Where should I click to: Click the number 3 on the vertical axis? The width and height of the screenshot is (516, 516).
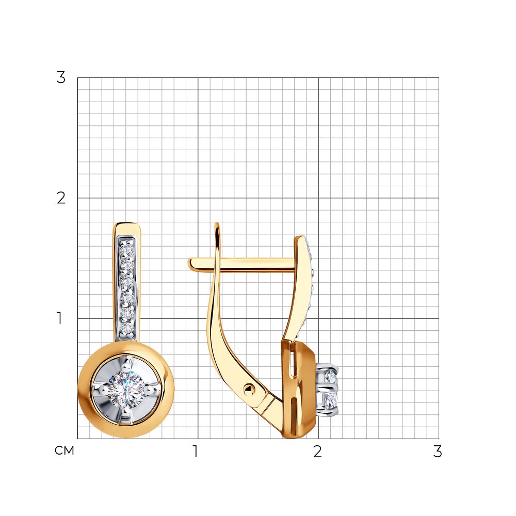click(x=61, y=78)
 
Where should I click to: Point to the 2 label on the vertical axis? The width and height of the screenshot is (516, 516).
click(x=61, y=198)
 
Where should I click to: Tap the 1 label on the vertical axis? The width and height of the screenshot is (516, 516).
click(x=59, y=318)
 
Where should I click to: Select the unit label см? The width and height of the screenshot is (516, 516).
click(x=64, y=450)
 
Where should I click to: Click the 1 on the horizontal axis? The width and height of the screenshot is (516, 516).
click(x=196, y=451)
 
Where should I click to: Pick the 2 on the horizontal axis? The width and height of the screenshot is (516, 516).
click(x=317, y=451)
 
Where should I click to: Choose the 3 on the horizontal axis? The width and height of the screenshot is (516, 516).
click(x=438, y=451)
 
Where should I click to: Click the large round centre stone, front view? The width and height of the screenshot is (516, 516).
click(x=125, y=389)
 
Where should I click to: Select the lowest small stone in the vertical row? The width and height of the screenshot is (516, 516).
click(x=126, y=328)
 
